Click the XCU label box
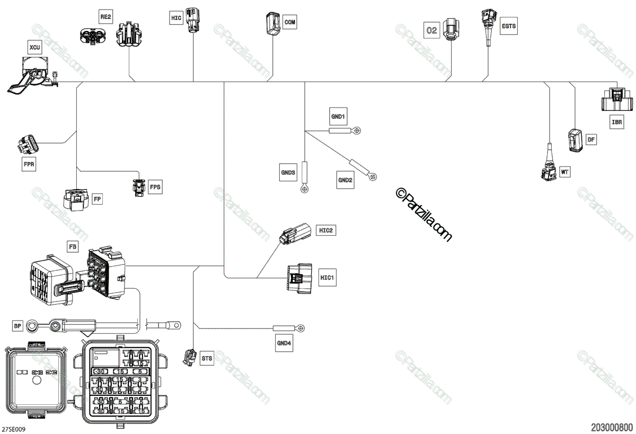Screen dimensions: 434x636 pyautogui.click(x=35, y=47)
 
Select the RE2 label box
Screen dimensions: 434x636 pyautogui.click(x=106, y=17)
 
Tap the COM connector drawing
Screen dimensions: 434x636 pyautogui.click(x=273, y=24)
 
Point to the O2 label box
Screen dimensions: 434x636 pyautogui.click(x=432, y=30)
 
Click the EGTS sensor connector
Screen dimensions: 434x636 pyautogui.click(x=488, y=24)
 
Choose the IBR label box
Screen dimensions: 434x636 pyautogui.click(x=617, y=122)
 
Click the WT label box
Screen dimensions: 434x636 pyautogui.click(x=565, y=172)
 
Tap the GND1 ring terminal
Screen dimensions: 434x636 pyautogui.click(x=357, y=130)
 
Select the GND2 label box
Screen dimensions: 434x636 pyautogui.click(x=346, y=180)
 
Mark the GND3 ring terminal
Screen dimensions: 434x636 pyautogui.click(x=305, y=188)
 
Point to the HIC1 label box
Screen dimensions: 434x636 pyautogui.click(x=327, y=277)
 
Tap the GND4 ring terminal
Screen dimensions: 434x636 pyautogui.click(x=301, y=328)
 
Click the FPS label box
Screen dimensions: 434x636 pyautogui.click(x=155, y=187)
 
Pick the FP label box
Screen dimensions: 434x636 pyautogui.click(x=97, y=199)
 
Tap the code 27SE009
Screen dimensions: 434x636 pyautogui.click(x=14, y=428)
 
